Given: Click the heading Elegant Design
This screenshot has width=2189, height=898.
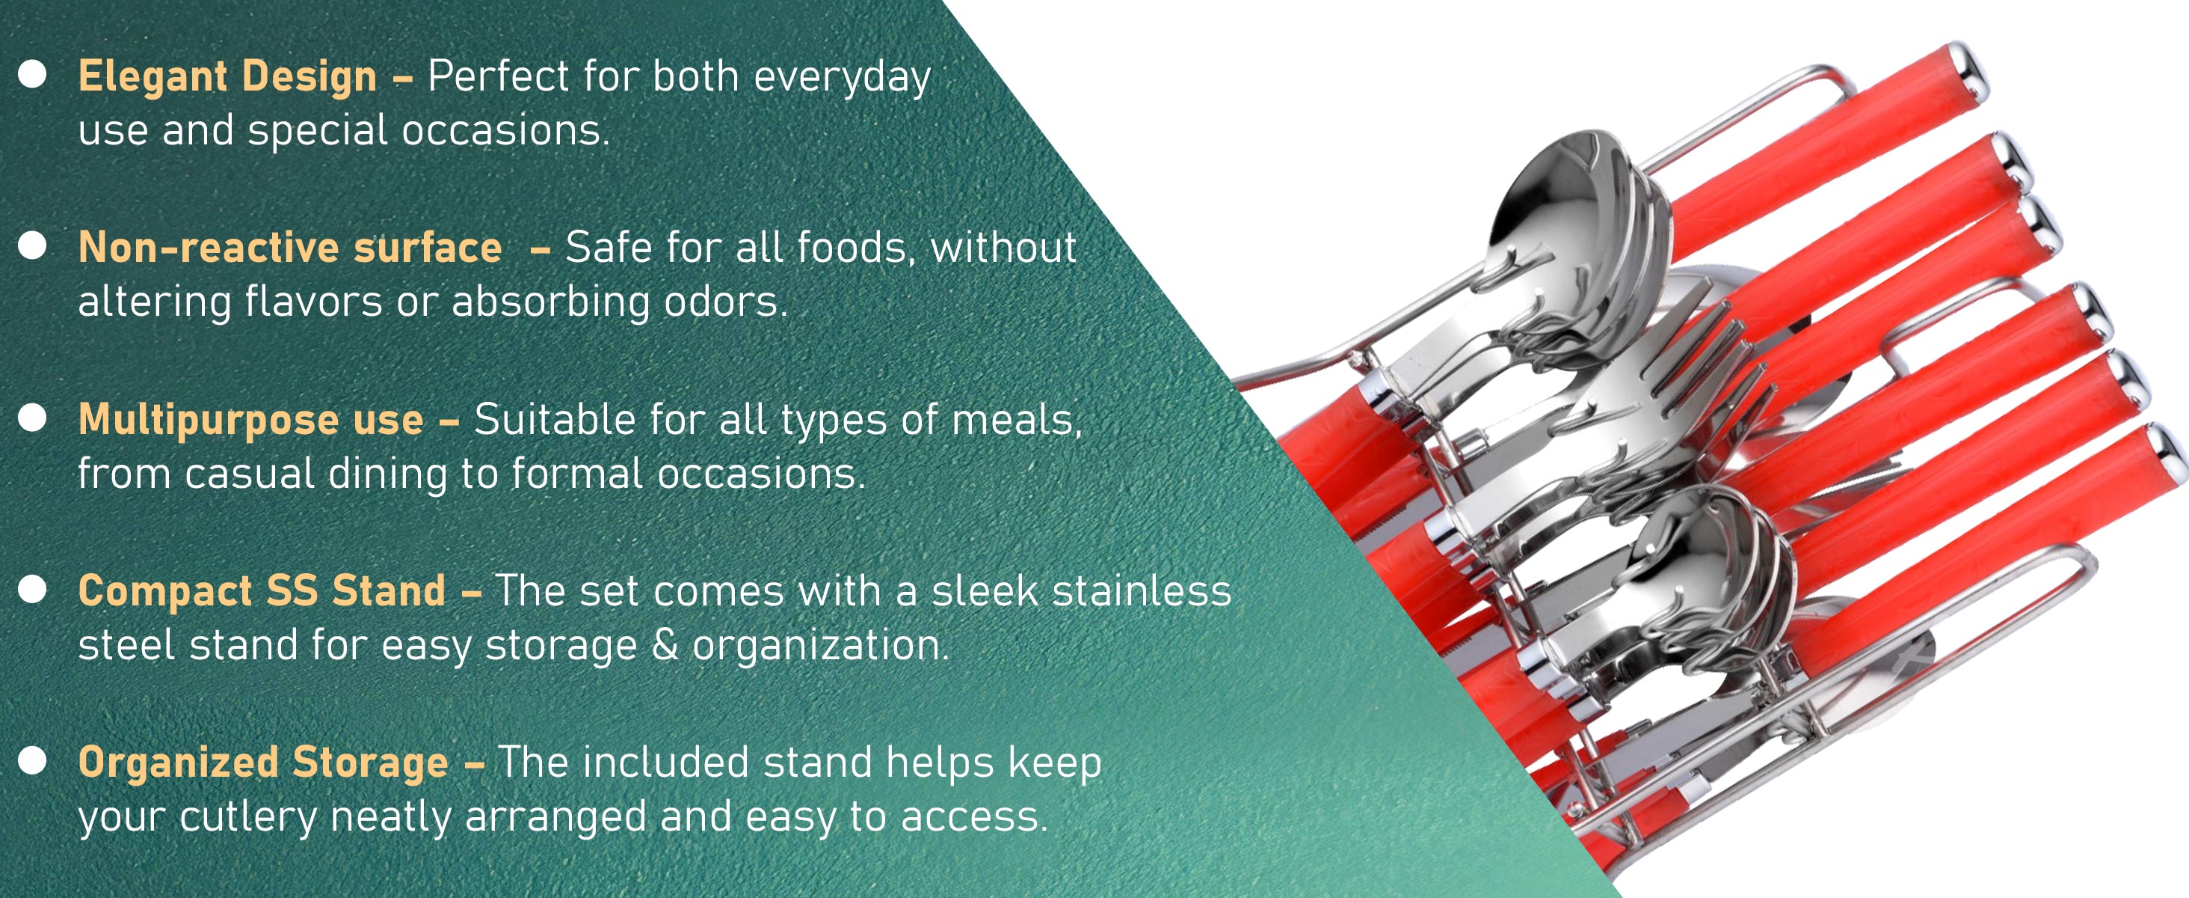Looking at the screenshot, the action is point(227,77).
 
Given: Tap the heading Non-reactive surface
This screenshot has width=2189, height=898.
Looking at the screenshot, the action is point(290,248).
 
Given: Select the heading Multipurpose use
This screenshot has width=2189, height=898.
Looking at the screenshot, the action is point(250,421).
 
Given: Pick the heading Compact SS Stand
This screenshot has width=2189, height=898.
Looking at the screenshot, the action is point(262,591).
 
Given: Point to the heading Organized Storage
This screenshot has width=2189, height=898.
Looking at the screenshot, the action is point(262,763).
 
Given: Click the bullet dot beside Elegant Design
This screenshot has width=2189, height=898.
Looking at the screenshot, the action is point(32,75).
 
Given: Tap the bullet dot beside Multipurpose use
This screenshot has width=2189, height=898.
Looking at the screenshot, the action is point(32,418).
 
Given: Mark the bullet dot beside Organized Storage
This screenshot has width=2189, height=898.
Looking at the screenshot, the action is point(32,761).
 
